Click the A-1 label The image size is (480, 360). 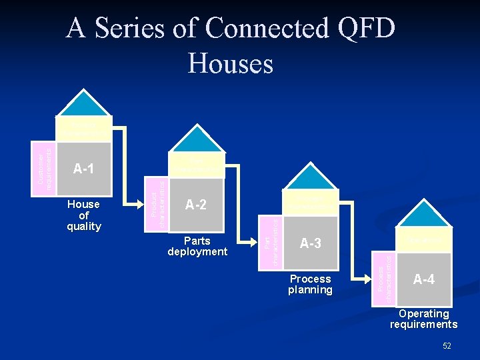(x=83, y=169)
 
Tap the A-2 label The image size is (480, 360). (x=195, y=205)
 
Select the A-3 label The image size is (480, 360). (x=311, y=243)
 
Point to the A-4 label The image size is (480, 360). (x=423, y=279)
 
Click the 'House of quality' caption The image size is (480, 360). (x=84, y=215)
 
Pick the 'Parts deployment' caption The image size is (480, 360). (x=197, y=246)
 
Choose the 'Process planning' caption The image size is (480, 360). (x=310, y=284)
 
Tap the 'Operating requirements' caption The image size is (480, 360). (x=423, y=319)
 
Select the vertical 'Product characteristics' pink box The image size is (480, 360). (x=155, y=203)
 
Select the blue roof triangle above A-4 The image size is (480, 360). (x=423, y=216)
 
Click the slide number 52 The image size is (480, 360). (x=447, y=345)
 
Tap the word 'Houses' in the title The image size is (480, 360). (x=231, y=63)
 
